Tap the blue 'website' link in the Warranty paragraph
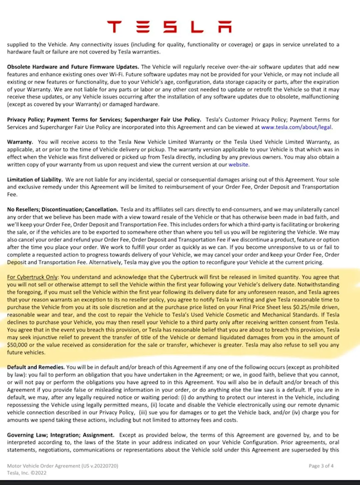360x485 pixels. [x=238, y=164]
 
